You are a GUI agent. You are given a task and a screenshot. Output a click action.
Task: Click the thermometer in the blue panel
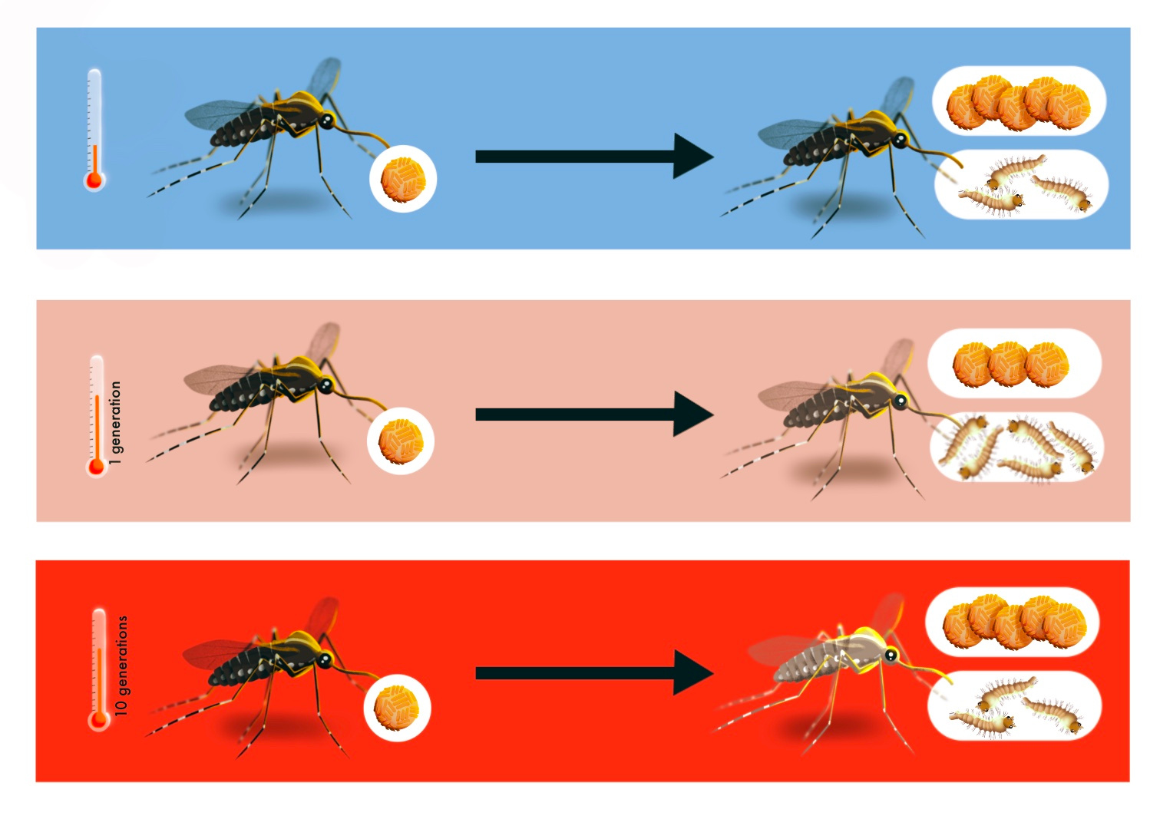point(94,130)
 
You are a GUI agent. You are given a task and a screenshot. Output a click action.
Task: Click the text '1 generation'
point(115,423)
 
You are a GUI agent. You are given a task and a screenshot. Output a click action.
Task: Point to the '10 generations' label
point(121,666)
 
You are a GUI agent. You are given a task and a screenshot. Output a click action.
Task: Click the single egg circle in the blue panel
point(403,179)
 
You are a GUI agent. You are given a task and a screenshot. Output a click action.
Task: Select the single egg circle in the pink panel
point(401,441)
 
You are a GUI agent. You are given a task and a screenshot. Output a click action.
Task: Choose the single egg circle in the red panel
point(397,708)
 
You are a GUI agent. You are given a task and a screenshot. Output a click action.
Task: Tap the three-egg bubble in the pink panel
point(1013,363)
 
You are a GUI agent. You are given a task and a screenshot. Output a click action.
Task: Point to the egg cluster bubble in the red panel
point(1013,622)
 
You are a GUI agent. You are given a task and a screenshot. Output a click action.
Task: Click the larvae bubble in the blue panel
point(1021,185)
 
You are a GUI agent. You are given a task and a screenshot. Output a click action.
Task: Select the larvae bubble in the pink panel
point(1016,448)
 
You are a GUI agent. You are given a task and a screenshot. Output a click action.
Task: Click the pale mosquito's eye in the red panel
point(891,655)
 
